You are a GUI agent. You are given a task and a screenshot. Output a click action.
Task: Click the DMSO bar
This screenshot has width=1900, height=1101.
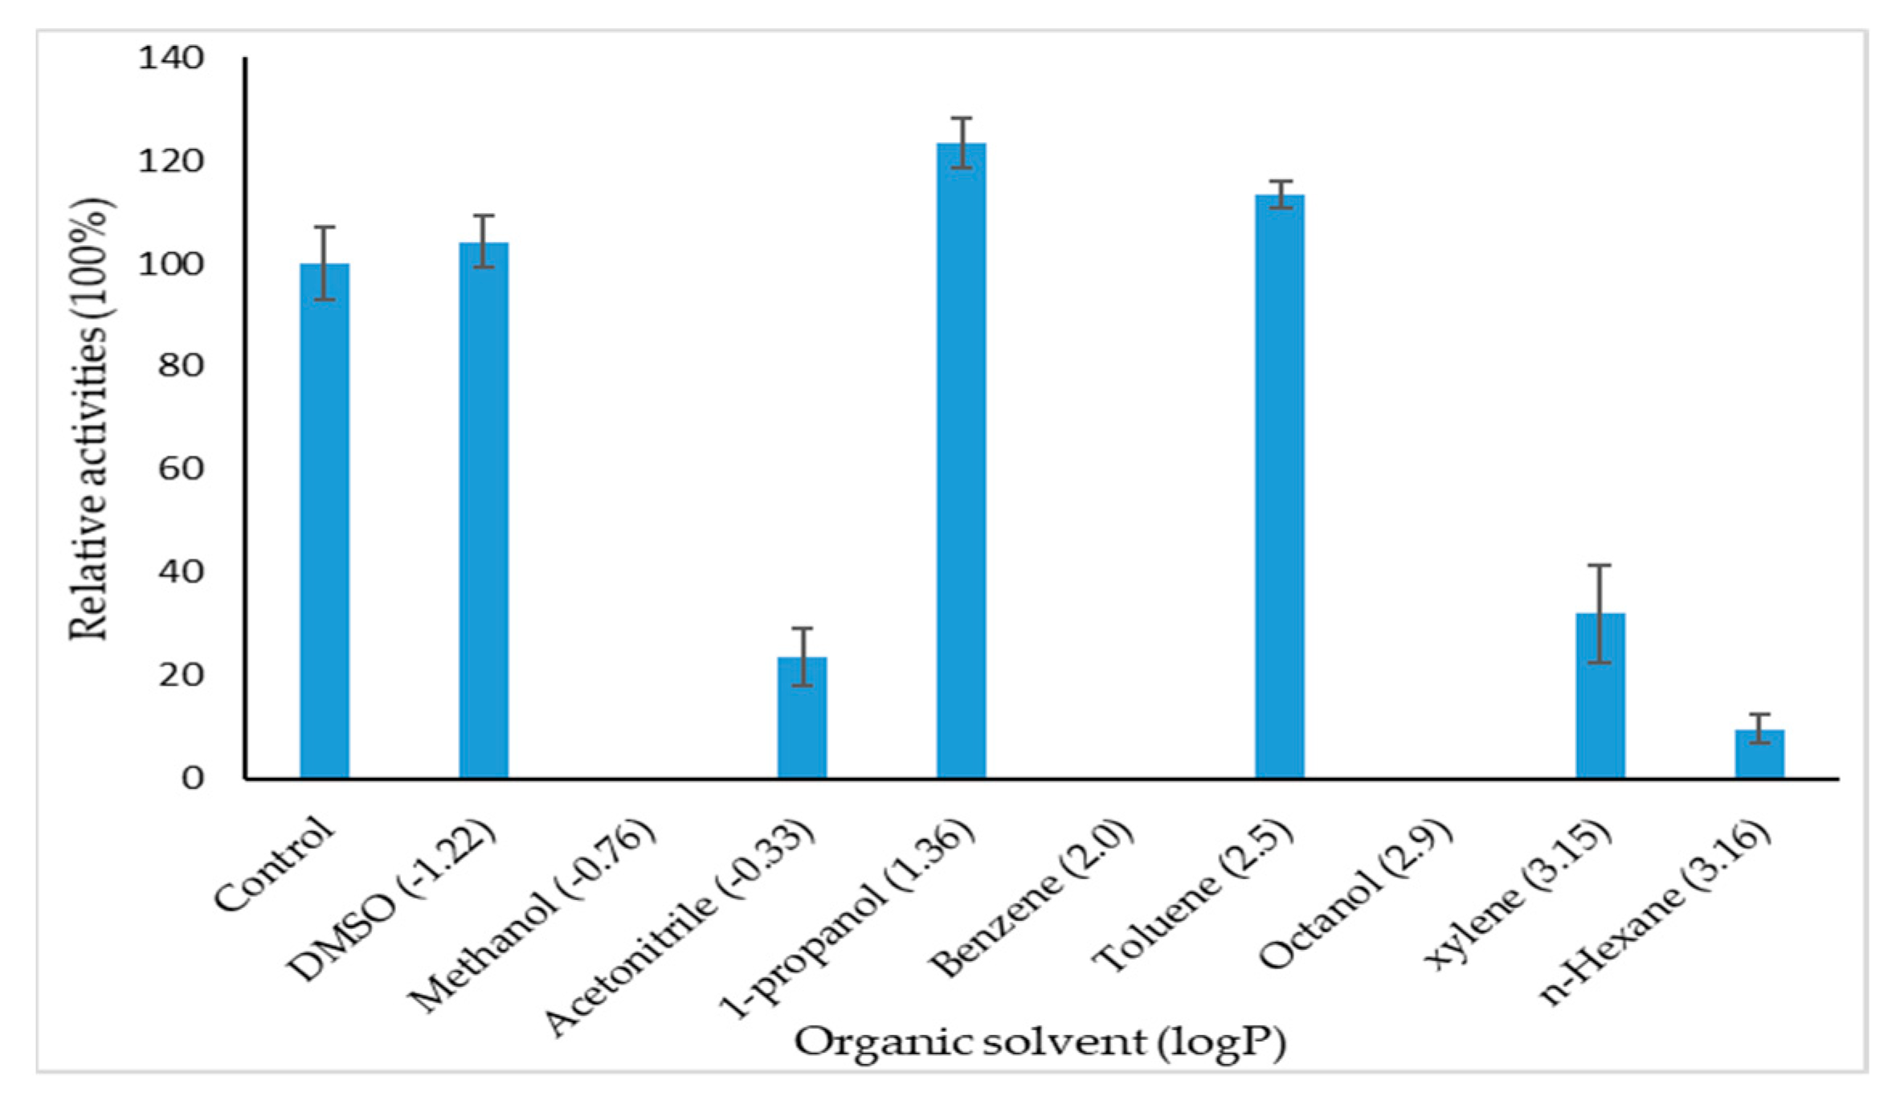(484, 510)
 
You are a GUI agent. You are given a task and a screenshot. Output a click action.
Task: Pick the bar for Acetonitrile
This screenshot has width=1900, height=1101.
(802, 718)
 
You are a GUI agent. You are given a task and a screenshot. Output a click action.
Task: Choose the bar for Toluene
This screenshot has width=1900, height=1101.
(1280, 486)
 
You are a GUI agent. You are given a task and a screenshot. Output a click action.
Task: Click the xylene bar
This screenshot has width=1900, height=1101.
(1600, 695)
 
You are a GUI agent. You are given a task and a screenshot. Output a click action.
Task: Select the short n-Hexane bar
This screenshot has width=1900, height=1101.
(1759, 753)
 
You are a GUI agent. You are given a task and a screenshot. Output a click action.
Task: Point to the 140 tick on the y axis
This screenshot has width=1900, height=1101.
(171, 58)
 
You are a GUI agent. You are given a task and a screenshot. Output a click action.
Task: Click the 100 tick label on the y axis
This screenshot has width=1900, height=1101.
(171, 264)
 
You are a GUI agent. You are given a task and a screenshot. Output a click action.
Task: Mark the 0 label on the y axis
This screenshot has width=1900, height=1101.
(192, 778)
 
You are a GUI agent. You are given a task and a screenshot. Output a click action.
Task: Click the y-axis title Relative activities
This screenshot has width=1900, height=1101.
(90, 418)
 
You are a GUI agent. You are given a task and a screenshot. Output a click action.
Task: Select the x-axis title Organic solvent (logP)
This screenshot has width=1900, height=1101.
(1040, 1043)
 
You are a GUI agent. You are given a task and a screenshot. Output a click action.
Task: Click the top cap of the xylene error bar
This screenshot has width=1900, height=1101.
(1600, 566)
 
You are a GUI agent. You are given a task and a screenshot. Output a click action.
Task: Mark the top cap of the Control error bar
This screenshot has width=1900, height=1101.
(325, 227)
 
